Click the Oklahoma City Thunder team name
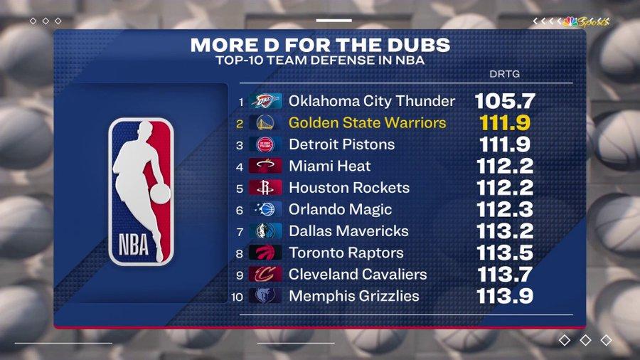[x=371, y=101]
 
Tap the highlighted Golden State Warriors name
[x=367, y=122]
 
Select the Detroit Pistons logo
[x=266, y=144]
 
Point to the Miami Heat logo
[x=266, y=166]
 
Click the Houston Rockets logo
[x=266, y=188]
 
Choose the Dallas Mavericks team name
[x=348, y=231]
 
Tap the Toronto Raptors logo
[x=266, y=253]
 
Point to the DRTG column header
[x=503, y=74]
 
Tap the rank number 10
[x=236, y=297]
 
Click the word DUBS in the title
[x=415, y=45]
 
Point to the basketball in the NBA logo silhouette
[x=161, y=194]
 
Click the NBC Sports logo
[x=585, y=21]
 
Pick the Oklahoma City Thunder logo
[x=266, y=101]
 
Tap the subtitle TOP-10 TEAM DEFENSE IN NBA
[x=320, y=60]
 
